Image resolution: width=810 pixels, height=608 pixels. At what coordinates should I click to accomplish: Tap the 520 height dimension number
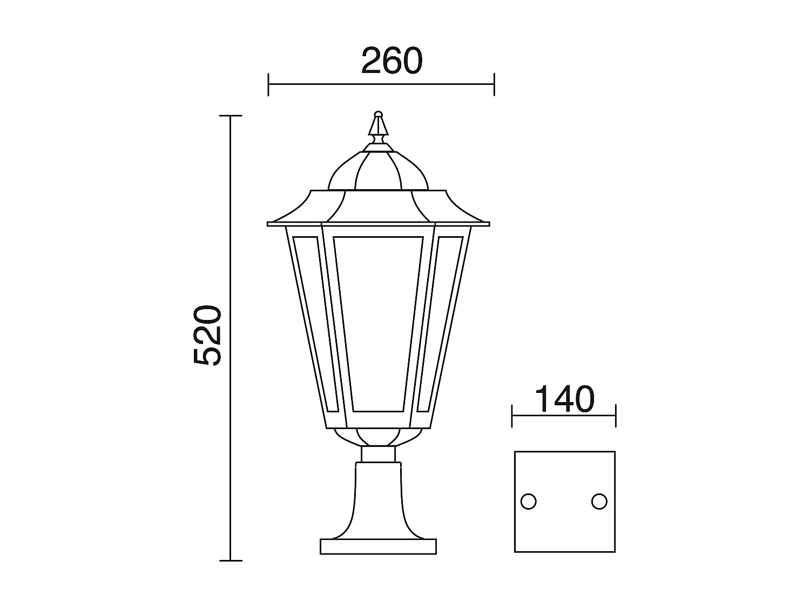coord(208,336)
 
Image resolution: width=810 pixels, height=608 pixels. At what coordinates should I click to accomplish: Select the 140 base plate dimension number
coord(564,399)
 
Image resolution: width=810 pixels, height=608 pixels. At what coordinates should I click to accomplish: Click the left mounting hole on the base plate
coord(528,502)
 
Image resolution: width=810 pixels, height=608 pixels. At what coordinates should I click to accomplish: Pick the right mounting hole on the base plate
coord(599,502)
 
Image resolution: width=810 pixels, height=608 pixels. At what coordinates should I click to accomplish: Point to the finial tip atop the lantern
coord(379,115)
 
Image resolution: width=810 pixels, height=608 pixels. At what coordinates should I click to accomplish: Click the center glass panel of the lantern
coord(378,324)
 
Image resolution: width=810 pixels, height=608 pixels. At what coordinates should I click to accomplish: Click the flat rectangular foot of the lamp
coord(378,546)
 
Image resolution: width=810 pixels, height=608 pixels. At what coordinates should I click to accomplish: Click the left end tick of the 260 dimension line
coord(268,84)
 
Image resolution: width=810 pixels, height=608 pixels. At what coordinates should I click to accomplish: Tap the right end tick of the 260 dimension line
coord(494,84)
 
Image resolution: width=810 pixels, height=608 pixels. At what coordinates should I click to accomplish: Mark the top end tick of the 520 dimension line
coord(231,116)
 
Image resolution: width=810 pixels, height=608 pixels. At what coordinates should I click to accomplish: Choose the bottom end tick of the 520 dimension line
coord(231,561)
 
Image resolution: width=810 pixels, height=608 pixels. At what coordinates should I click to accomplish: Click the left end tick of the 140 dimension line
coord(512,416)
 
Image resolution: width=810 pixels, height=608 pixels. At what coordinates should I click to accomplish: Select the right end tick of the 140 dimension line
coord(616,416)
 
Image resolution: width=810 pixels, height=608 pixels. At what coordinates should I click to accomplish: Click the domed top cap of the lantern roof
coord(379,170)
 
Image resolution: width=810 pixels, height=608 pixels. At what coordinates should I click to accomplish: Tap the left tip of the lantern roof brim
coord(268,224)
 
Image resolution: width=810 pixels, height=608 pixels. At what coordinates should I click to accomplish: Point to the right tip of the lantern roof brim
coord(489,224)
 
